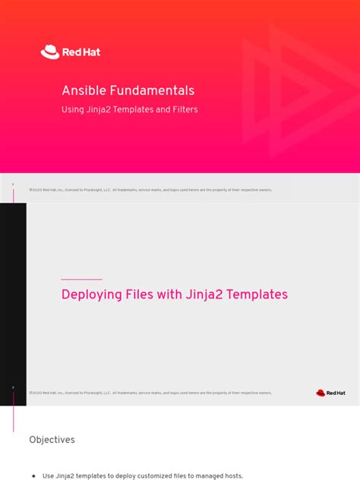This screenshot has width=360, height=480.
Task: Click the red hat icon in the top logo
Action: point(49,52)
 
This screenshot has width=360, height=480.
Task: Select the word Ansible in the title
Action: point(81,90)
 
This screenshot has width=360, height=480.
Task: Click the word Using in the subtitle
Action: point(74,110)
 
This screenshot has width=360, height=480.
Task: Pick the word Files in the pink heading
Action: point(145,295)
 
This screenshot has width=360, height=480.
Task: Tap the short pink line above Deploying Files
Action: point(81,279)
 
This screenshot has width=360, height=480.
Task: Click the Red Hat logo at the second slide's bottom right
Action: point(330,393)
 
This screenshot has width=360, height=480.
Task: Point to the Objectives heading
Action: point(52,440)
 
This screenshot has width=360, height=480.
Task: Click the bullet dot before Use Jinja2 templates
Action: point(33,476)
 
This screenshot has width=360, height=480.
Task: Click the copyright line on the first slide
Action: point(150,190)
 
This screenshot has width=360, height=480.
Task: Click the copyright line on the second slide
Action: point(150,393)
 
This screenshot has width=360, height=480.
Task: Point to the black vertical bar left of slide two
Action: point(13,304)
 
